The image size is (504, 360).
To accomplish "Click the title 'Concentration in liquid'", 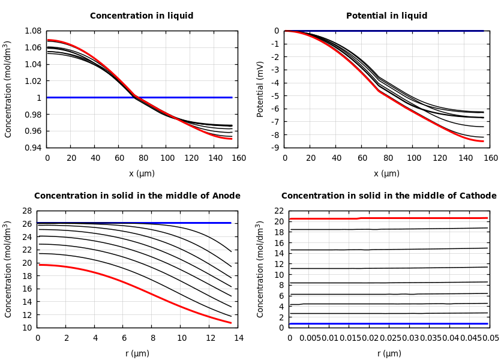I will pos(142,16).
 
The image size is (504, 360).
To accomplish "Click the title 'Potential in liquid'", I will pos(386,16).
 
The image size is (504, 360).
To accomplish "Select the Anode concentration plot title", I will pos(137,196).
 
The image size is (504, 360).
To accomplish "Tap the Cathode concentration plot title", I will pos(389,196).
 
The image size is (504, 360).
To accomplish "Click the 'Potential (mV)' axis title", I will pos(260,89).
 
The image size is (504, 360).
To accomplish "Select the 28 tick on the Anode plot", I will pos(26,211).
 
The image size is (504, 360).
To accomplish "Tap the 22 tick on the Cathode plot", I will pos(278,211).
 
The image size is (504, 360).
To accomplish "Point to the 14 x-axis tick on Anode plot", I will pos(239,338).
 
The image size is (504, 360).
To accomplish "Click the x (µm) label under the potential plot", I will pos(386,174).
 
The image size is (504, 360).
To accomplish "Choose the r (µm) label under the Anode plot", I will pos(137,353).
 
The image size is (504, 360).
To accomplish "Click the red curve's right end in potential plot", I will pos(482,141).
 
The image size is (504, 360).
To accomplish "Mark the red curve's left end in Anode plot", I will pos(39,265).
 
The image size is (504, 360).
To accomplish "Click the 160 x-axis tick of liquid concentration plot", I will pos(239,158).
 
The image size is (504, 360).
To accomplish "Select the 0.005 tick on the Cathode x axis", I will pos(310,338).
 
